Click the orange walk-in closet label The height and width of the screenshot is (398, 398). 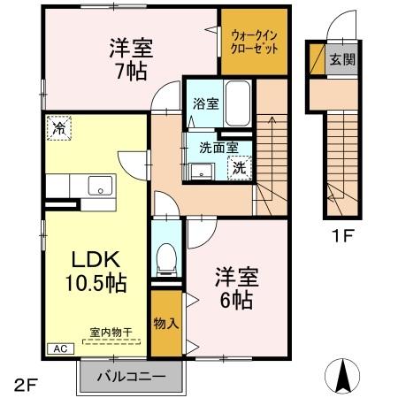tap(255, 41)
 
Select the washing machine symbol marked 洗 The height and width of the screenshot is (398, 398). tap(238, 166)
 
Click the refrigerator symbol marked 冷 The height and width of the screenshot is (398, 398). tap(57, 129)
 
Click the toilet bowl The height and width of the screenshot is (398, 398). tap(164, 258)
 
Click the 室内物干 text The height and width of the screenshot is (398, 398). tap(111, 333)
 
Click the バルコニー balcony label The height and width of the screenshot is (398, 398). tap(135, 377)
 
